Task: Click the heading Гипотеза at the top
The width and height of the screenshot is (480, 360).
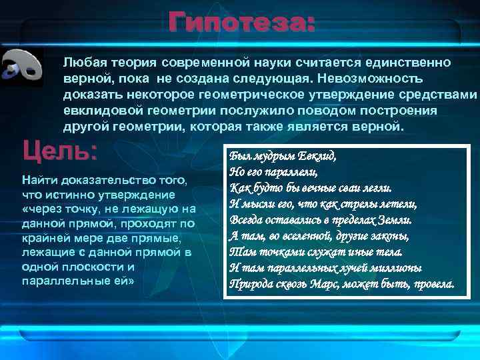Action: pyautogui.click(x=241, y=25)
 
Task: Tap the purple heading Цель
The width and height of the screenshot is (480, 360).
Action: pyautogui.click(x=59, y=150)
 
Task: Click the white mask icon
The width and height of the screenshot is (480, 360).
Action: pyautogui.click(x=22, y=67)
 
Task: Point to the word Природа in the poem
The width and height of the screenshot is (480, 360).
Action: pyautogui.click(x=251, y=284)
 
